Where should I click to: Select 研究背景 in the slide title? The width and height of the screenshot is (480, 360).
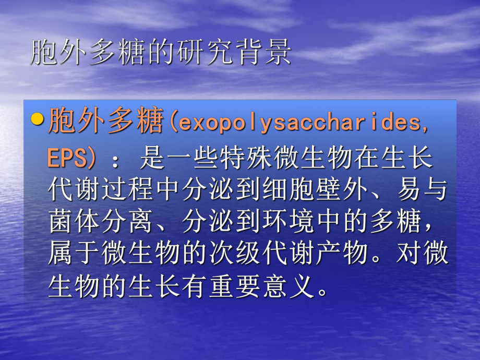pos(239,53)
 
